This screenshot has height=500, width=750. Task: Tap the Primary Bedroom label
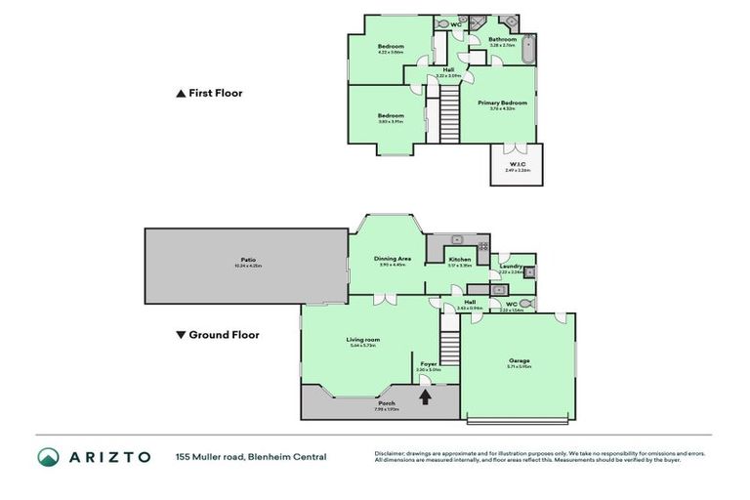tap(502, 103)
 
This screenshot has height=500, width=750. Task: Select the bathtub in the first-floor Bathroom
tap(528, 49)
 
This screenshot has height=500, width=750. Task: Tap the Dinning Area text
tap(392, 259)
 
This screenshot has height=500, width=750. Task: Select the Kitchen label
tap(459, 260)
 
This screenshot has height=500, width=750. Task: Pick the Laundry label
tap(510, 267)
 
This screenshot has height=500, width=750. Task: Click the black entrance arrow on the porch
tap(425, 396)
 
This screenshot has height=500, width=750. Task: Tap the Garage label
tap(519, 360)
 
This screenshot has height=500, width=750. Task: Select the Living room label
tap(362, 340)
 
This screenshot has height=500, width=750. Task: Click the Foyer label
tap(429, 363)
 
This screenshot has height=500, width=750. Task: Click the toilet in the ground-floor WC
tap(524, 305)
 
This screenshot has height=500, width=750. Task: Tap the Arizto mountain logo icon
tap(47, 457)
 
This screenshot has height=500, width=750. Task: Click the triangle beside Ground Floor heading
tap(180, 335)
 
